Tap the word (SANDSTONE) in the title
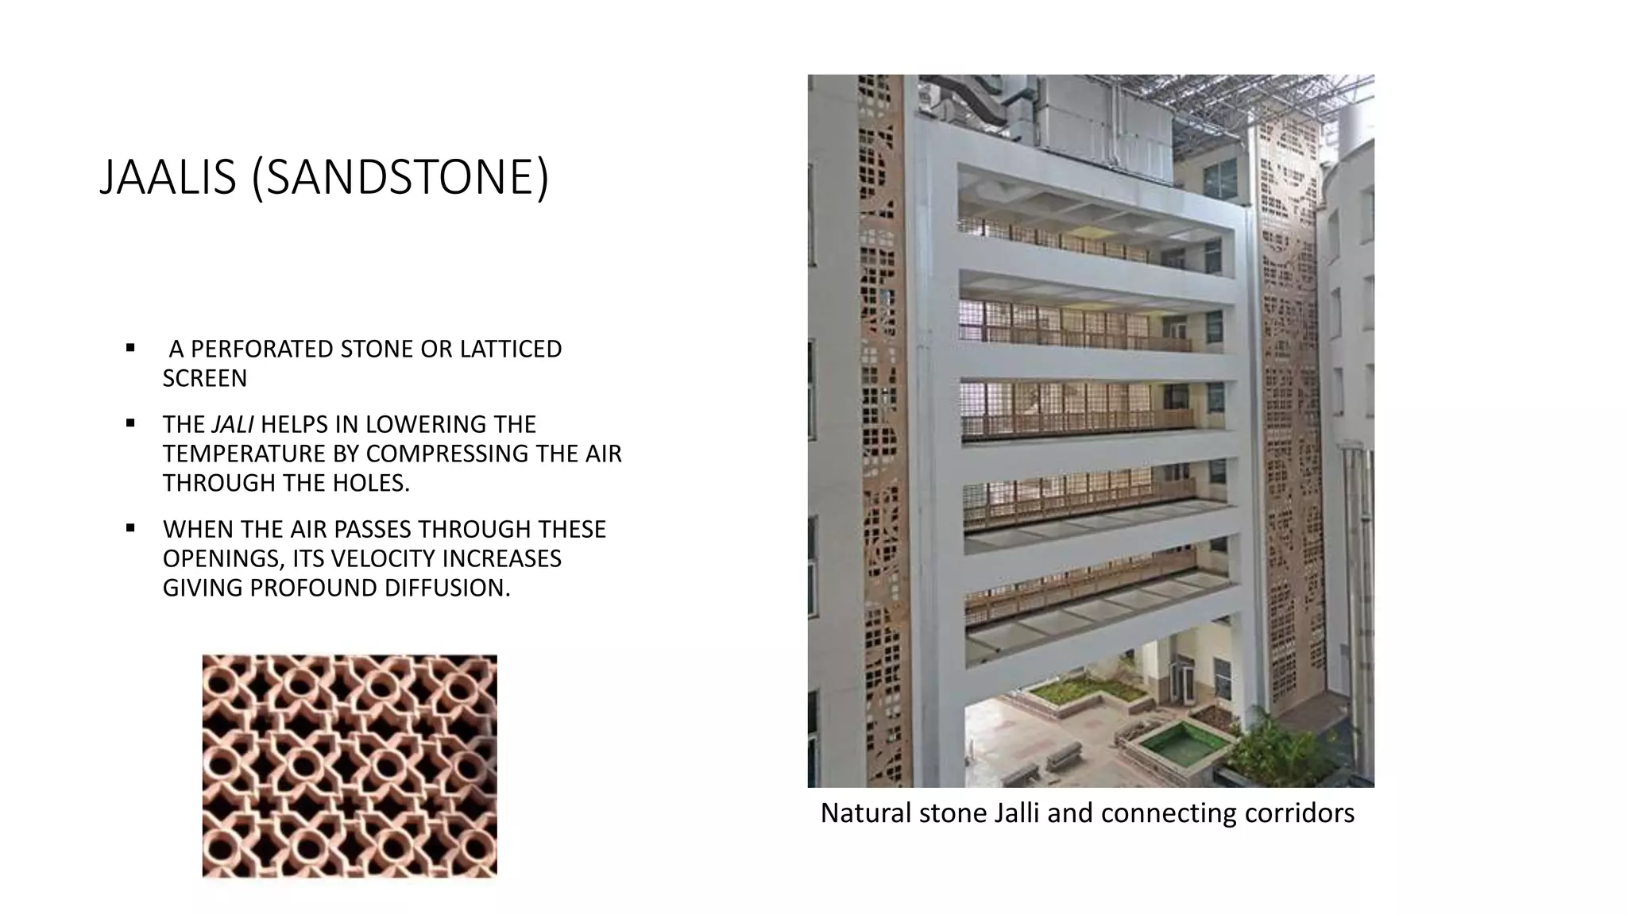[400, 177]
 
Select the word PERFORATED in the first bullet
[262, 349]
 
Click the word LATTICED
[511, 349]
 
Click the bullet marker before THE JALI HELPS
[130, 423]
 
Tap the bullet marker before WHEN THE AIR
[130, 528]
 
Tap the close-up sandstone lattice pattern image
[350, 766]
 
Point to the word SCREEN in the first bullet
[205, 379]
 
